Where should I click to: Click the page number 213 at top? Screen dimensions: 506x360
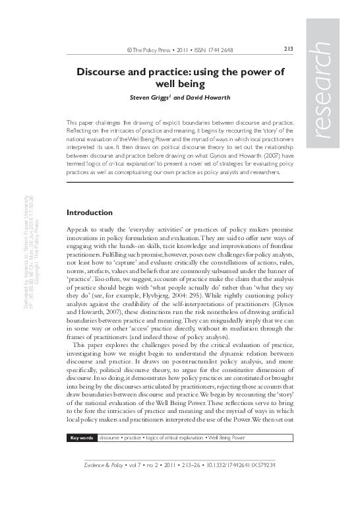click(287, 49)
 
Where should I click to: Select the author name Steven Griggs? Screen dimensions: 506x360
click(150, 99)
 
